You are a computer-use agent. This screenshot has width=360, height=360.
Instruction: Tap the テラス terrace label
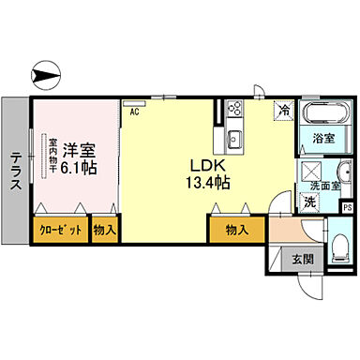[x=16, y=172]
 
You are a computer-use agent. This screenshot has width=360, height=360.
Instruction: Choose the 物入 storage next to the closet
[x=104, y=230]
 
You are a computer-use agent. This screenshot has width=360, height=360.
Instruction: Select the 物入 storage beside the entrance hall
[x=236, y=230]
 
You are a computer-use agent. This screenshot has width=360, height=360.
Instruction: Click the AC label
[x=135, y=112]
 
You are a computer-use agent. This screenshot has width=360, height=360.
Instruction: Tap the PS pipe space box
[x=346, y=207]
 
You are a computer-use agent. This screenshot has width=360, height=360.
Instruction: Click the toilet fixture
[x=337, y=246]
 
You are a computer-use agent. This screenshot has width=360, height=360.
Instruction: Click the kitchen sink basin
[x=233, y=141]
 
